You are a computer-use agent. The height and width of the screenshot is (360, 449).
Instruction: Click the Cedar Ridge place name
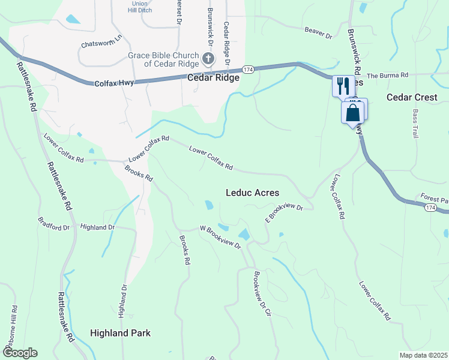[x=214, y=78]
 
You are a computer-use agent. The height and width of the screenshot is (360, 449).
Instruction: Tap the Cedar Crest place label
[x=412, y=97]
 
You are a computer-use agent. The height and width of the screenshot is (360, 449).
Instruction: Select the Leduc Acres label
[x=252, y=193]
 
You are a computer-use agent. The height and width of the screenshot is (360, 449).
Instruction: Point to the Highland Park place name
[x=120, y=333]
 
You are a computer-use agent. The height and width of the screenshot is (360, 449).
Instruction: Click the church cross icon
[x=208, y=58]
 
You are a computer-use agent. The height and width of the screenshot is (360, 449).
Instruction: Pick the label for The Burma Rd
[x=387, y=76]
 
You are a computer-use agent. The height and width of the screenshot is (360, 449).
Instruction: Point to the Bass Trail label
[x=415, y=124]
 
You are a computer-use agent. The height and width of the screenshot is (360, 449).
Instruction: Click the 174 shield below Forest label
[x=430, y=207]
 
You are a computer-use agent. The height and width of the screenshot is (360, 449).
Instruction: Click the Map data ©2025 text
[x=423, y=355]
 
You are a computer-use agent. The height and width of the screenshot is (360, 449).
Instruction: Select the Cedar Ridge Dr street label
[x=227, y=43]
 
